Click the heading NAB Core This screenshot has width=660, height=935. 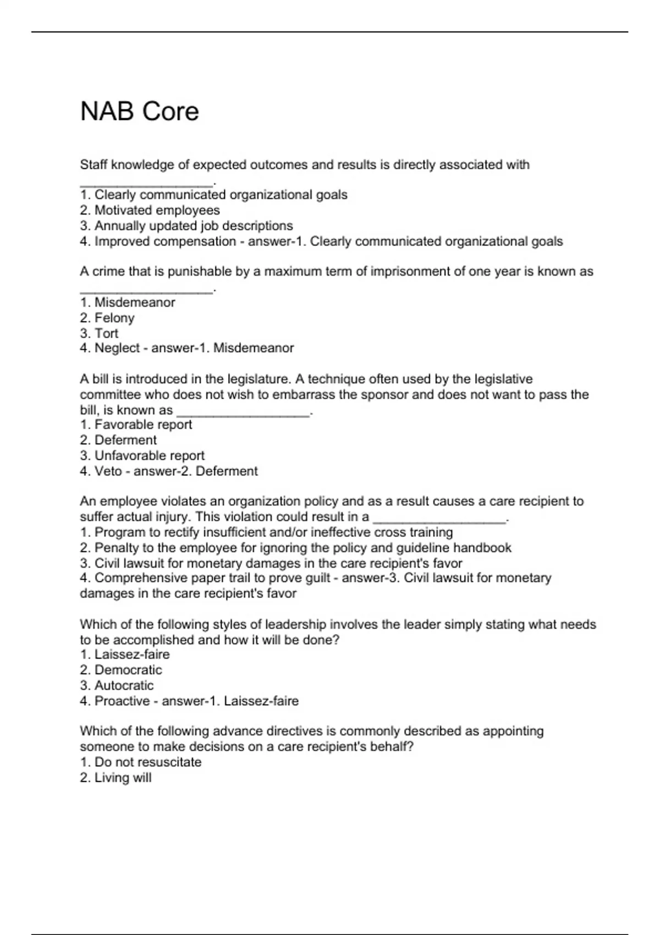139,112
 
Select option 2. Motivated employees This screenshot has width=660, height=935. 150,210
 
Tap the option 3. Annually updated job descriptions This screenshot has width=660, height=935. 186,226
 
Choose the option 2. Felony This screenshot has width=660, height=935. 107,318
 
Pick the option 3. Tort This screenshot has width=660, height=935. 99,333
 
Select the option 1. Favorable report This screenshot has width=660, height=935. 136,425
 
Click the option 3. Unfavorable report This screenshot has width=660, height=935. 142,455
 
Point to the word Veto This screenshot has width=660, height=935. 108,471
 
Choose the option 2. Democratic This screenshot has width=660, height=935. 121,670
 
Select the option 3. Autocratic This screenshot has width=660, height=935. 117,685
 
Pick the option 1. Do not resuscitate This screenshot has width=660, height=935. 140,762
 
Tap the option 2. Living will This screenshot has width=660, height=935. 116,778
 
